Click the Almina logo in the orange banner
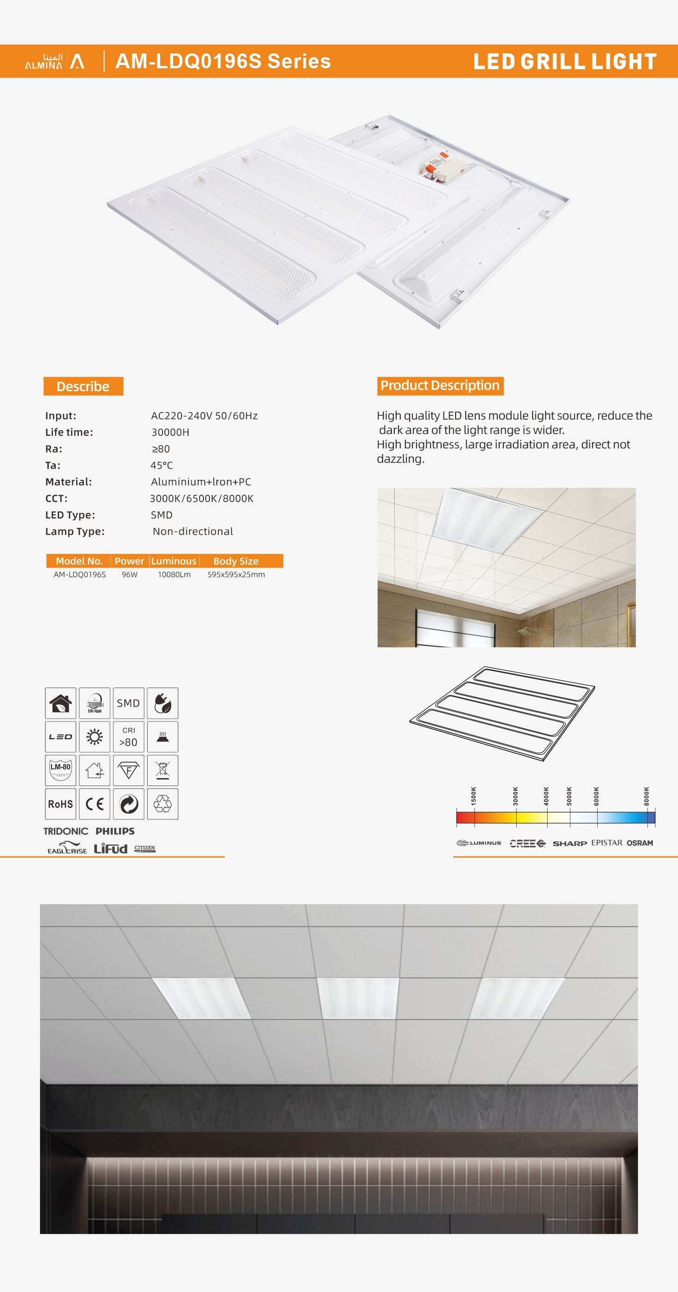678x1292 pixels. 55,61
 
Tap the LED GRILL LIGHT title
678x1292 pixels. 565,62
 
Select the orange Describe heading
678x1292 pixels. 83,386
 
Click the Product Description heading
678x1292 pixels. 440,386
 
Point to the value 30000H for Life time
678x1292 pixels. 170,433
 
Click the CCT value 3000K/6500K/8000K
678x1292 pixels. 202,498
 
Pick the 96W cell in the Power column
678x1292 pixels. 130,575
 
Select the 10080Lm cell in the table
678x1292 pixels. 174,575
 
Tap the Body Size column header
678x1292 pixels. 236,561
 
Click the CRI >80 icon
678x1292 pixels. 128,737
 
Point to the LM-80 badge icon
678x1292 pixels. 61,770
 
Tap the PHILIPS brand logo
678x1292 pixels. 115,831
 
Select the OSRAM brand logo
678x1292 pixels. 639,843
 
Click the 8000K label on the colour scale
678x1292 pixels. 646,796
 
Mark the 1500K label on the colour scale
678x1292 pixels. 473,796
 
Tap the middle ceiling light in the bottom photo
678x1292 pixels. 358,997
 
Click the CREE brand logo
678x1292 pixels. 527,843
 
